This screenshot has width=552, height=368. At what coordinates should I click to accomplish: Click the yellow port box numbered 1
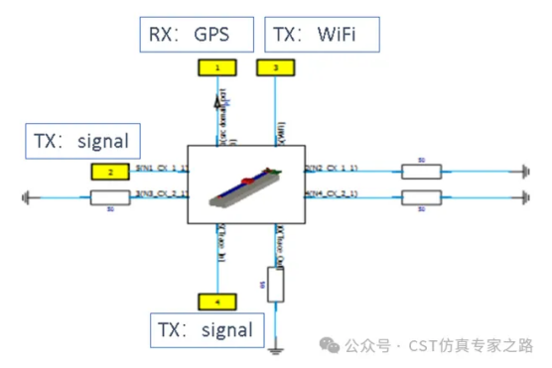coord(218,67)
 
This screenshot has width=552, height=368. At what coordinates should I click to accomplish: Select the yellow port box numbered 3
coord(275,67)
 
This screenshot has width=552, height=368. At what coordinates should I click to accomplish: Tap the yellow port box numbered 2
coord(111,172)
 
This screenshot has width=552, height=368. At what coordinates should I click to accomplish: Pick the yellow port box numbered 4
coord(218,301)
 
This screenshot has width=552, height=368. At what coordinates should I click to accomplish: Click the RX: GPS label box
coord(189,34)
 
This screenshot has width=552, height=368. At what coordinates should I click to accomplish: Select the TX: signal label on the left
coord(77,141)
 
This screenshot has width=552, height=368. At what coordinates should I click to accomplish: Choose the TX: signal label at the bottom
coord(207,329)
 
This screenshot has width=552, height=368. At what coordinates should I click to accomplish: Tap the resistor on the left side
coord(110,197)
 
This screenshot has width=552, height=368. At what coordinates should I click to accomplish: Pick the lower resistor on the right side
coord(420,196)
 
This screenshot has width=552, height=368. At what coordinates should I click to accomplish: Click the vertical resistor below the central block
coord(275,285)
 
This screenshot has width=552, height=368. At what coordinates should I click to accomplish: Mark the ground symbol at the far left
coord(22,197)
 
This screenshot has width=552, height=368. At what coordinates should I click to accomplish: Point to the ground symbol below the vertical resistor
coord(275,347)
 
